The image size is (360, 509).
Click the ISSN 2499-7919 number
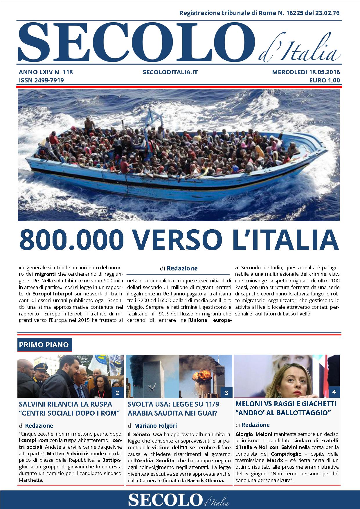[41, 80]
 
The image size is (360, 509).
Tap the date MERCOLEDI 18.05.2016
[306, 72]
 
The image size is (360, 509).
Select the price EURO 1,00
[324, 80]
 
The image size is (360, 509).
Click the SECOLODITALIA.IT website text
[170, 72]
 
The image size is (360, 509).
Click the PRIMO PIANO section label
[44, 345]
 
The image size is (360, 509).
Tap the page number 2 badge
[117, 393]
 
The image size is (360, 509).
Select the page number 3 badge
[226, 393]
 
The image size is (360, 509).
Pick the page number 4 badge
[334, 392]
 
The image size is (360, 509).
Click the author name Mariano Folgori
[155, 426]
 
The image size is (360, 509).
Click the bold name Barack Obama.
[206, 480]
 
